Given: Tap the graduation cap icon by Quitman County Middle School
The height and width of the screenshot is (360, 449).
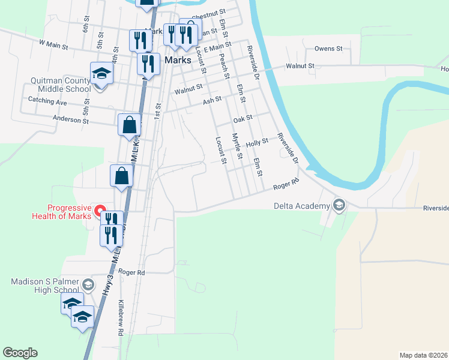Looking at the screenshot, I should (101, 74).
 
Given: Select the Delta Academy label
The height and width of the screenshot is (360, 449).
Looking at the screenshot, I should (302, 206).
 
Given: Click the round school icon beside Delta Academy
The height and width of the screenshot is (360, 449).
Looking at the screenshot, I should (339, 206).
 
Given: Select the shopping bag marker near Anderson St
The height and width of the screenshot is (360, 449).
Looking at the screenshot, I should (129, 125).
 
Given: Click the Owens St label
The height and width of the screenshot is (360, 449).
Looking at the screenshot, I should (328, 48).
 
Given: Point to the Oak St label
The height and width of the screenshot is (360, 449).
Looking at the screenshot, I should (243, 118).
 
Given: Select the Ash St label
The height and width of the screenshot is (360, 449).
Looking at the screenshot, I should (212, 101).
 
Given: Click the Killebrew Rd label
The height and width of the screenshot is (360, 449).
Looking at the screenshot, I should (121, 317).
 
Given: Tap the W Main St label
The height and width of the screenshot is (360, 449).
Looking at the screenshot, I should (54, 43).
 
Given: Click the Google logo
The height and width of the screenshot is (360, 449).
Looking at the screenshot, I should (20, 353).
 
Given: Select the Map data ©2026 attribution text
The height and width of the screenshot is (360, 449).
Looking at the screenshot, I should (423, 355).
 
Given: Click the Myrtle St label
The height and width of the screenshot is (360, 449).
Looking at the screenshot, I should (237, 146).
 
